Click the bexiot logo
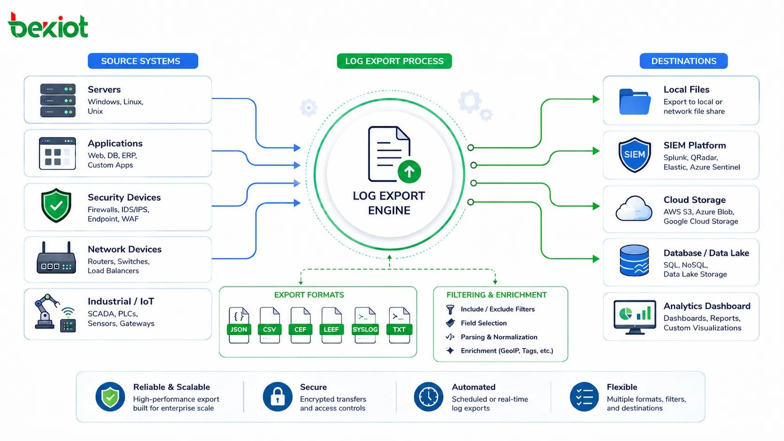point(48,25)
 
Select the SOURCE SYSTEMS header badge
point(143,61)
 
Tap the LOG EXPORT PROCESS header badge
point(394,61)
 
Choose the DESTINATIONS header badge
point(684,61)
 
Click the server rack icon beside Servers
point(58,100)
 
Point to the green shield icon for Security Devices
point(56,206)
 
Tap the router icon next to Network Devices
point(56,258)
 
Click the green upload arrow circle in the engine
point(409,172)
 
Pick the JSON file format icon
point(239,325)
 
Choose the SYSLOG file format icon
point(365,325)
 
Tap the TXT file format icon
point(399,325)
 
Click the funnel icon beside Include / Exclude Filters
point(450,309)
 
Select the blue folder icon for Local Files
point(635,102)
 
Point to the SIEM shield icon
point(634,155)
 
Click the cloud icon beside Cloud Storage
point(634,209)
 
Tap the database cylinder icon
point(634,261)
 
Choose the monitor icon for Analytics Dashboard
point(634,317)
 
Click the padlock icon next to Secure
point(278,396)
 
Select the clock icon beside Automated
point(429,396)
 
